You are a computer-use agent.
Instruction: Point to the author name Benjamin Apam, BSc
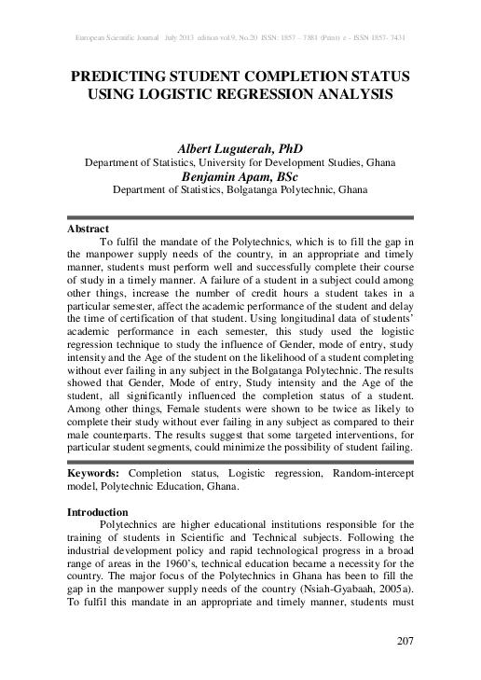coord(240,174)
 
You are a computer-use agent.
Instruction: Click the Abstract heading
coord(89,229)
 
